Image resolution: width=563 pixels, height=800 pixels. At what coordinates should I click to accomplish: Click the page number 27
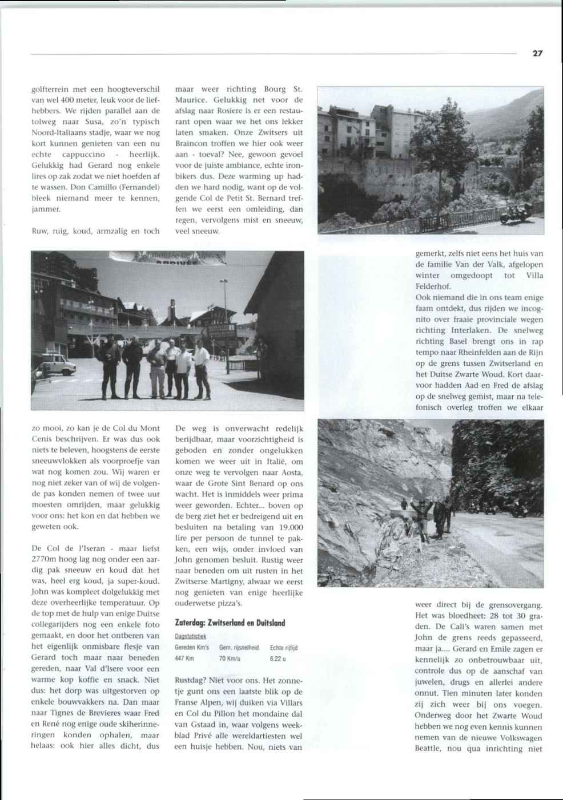point(537,54)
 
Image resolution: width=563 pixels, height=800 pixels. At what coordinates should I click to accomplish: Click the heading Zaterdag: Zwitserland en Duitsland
point(230,623)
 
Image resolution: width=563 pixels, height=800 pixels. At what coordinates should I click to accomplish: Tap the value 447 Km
point(184,658)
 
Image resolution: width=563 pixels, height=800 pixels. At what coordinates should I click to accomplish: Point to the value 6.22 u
point(278,658)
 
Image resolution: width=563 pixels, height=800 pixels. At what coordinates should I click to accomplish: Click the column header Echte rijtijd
point(284,647)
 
